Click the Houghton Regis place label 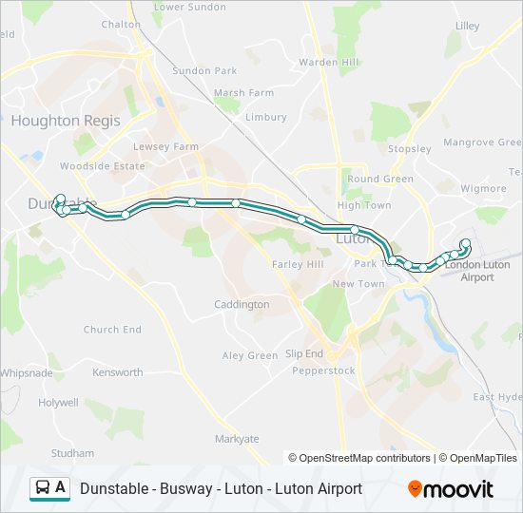[66, 121]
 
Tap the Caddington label [242, 305]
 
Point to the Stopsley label [410, 148]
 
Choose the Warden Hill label [328, 63]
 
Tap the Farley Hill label [298, 263]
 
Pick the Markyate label [237, 439]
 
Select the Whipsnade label [27, 373]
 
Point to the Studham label [73, 453]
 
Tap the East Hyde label [497, 397]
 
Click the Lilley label [468, 26]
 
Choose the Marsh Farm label [243, 93]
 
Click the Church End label [112, 330]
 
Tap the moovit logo [451, 489]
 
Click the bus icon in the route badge [43, 488]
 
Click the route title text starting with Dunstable [221, 488]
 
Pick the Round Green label [380, 179]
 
